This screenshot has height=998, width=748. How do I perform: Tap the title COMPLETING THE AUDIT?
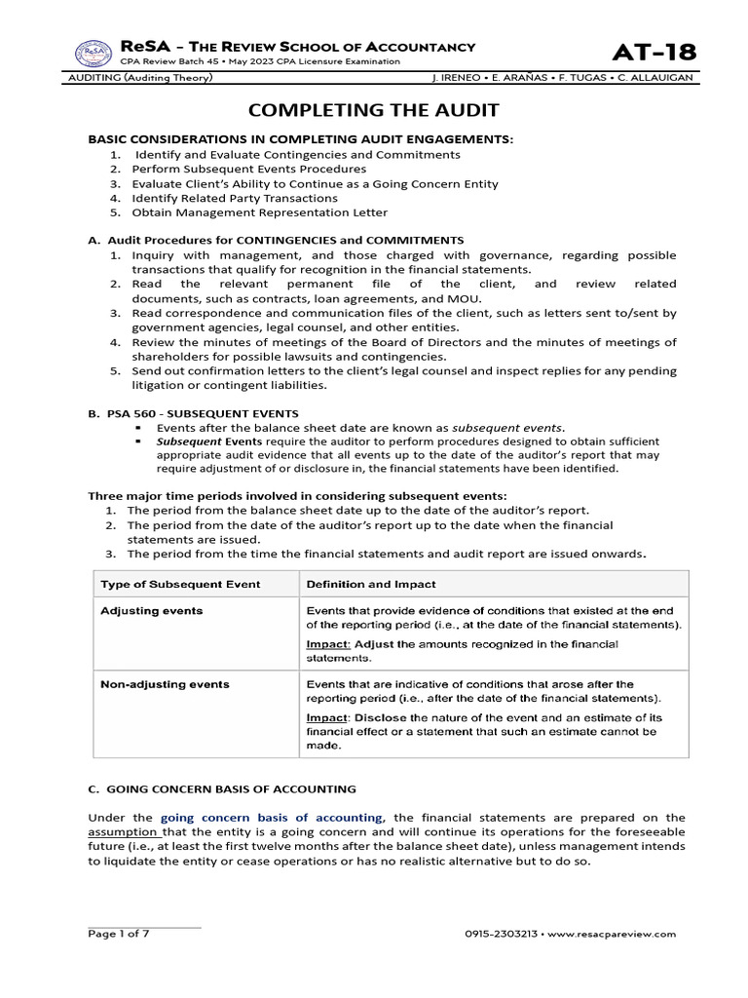374,110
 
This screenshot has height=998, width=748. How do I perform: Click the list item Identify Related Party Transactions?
235,198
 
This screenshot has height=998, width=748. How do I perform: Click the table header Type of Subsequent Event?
180,584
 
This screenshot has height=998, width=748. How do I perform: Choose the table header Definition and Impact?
371,584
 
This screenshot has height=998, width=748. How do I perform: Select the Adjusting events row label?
152,610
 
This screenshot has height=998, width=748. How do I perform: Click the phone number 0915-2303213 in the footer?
508,934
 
